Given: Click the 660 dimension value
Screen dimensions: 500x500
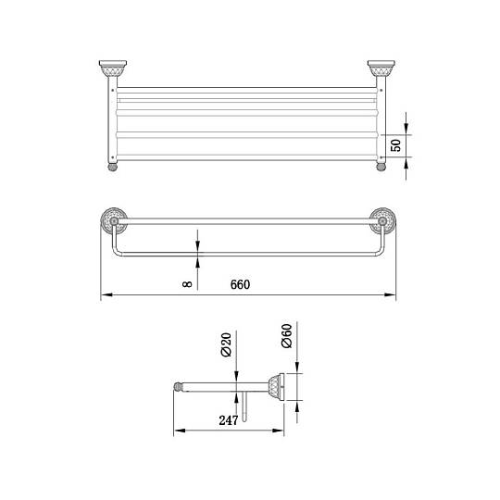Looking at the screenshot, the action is point(240,284).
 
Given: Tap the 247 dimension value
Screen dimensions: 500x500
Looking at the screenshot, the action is point(229,420).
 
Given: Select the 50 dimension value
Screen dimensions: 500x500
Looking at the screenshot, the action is point(395,145).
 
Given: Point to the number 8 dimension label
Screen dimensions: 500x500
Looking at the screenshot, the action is point(187,283).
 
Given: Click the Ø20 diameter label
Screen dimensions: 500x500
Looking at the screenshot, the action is point(226,344).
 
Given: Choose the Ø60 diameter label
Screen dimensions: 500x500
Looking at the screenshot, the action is point(287,336).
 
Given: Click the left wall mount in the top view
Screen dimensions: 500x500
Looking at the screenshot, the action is point(113,69).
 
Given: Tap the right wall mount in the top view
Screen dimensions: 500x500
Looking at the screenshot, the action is point(381,69).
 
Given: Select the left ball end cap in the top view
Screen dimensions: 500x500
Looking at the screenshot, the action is point(113,167).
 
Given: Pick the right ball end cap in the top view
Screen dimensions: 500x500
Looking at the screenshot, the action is point(381,167).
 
